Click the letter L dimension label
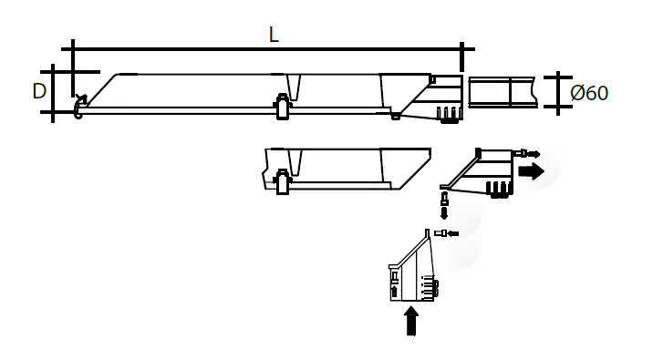click(x=274, y=35)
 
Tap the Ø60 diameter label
click(x=589, y=93)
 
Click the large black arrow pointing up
click(x=411, y=320)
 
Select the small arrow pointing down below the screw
click(x=445, y=213)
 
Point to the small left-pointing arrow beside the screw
click(x=452, y=233)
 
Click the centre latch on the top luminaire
click(x=283, y=108)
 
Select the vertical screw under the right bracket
click(x=444, y=198)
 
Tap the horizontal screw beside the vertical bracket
click(x=441, y=233)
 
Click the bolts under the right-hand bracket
click(x=499, y=190)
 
